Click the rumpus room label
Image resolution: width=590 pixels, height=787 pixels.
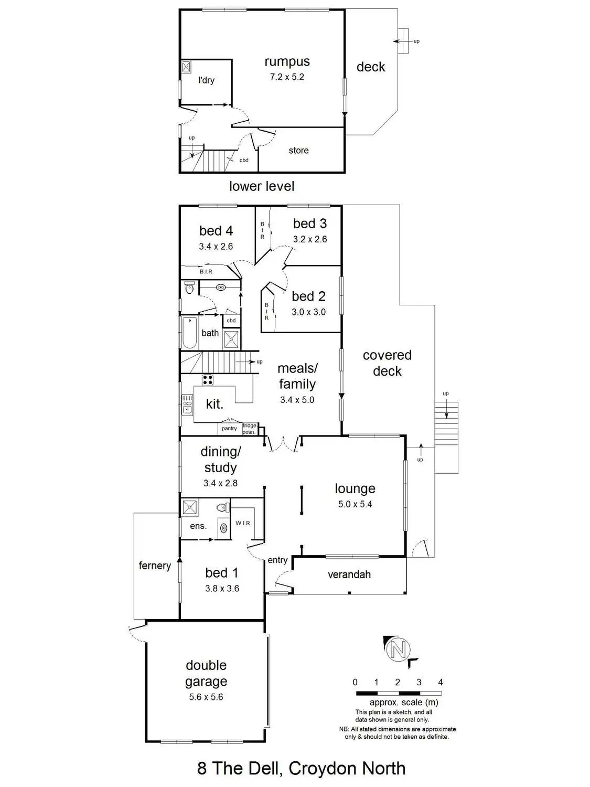click(287, 61)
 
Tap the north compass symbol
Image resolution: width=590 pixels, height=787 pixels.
click(398, 650)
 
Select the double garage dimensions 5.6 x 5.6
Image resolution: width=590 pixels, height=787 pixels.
click(206, 697)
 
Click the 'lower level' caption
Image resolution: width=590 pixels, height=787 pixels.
click(262, 186)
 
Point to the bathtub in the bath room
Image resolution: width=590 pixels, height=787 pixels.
click(189, 333)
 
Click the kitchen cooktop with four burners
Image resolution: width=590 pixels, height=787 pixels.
click(208, 380)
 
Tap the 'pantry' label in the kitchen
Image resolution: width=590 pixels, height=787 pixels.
click(229, 429)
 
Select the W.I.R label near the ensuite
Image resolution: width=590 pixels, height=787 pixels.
click(243, 523)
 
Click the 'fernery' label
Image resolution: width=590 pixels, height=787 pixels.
click(155, 566)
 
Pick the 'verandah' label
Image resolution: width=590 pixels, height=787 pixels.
click(349, 575)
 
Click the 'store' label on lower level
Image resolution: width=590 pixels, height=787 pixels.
click(298, 151)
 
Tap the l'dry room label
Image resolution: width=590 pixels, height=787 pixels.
click(206, 80)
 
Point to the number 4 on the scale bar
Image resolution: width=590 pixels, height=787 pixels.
click(441, 682)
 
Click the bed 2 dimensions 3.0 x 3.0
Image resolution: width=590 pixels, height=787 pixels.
click(308, 312)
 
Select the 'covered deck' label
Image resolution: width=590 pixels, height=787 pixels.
click(387, 363)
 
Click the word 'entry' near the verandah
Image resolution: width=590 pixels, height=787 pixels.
click(277, 560)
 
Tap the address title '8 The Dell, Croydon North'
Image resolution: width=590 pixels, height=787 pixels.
click(301, 769)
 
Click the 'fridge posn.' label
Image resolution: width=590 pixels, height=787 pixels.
click(250, 429)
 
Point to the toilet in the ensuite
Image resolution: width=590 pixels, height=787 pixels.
click(224, 507)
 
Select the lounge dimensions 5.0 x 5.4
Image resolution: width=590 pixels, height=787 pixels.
click(355, 504)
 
